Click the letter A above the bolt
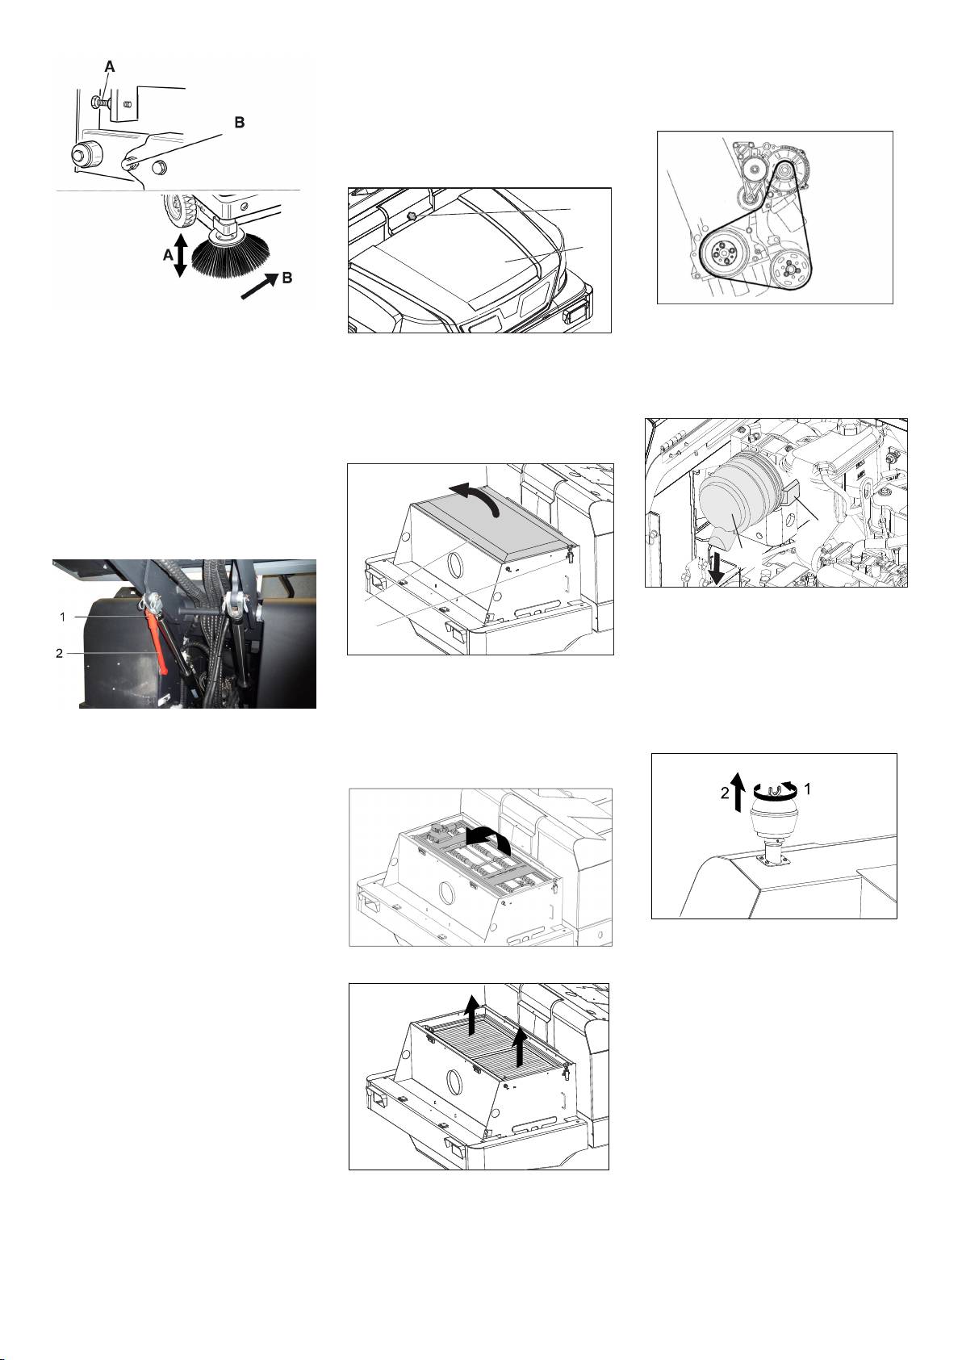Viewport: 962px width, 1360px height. click(x=110, y=67)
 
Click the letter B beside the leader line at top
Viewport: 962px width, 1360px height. click(x=240, y=123)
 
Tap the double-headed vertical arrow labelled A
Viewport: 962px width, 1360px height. click(x=180, y=256)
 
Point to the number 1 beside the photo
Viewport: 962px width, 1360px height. click(x=62, y=617)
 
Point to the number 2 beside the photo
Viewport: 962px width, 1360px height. click(x=59, y=653)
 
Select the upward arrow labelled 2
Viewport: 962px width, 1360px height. click(x=737, y=792)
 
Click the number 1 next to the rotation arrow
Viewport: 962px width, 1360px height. click(x=807, y=789)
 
